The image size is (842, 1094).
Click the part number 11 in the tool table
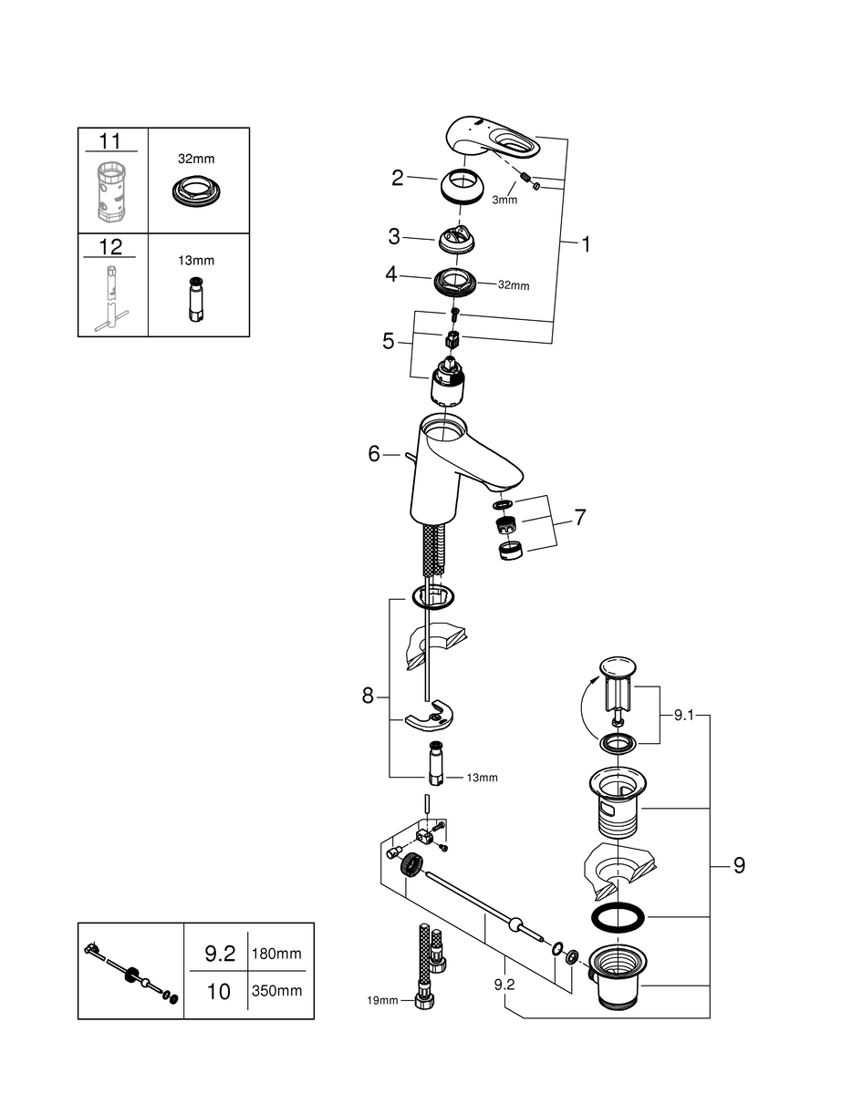pos(109,140)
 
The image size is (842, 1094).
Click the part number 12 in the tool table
pos(109,246)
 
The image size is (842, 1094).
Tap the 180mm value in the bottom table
pos(276,954)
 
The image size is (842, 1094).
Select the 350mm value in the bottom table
pos(276,990)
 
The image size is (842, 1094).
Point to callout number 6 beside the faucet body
pos(373,453)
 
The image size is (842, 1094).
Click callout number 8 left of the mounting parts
pos(368,696)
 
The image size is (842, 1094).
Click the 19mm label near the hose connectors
pos(383,1000)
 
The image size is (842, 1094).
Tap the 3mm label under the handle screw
pos(504,200)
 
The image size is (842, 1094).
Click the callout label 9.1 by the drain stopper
pos(684,717)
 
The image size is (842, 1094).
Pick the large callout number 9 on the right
pos(738,865)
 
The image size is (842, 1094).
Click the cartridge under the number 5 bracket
pos(450,380)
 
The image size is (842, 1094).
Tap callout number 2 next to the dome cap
pos(397,178)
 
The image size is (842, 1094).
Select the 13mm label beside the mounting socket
pos(482,778)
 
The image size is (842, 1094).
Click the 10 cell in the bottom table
pos(219,991)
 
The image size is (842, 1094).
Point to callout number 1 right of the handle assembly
pos(586,244)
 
